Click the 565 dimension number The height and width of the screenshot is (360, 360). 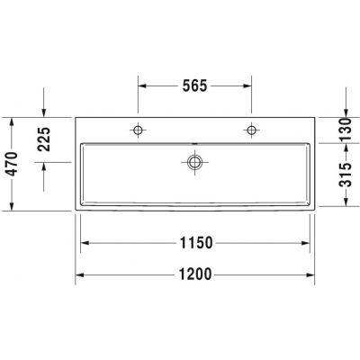tap(195, 86)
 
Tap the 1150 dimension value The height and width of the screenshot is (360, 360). tap(196, 243)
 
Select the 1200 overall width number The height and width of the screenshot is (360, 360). tap(195, 274)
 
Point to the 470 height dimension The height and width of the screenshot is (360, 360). tap(13, 164)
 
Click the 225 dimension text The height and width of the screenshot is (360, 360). tap(44, 139)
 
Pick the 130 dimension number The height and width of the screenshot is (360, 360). tap(346, 130)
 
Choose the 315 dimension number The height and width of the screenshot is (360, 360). tap(346, 175)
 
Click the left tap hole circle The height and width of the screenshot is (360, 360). tap(138, 130)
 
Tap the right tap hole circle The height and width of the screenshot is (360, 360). tap(251, 130)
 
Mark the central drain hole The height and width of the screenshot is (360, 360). tap(194, 162)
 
